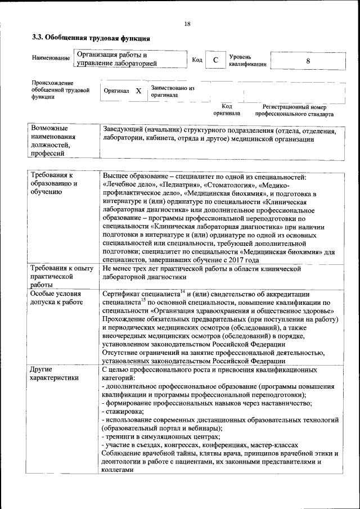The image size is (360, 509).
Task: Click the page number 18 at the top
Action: coord(187,23)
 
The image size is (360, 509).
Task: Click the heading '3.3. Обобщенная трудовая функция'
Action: coord(91,38)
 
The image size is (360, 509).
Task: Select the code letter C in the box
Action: coord(215,60)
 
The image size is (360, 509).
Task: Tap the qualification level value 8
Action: coord(307,61)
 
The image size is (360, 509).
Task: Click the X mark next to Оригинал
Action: coord(138,91)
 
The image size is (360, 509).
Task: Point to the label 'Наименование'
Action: coord(51,58)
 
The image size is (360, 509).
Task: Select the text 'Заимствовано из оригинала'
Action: coord(172,92)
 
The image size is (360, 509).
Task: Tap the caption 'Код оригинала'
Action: coord(226,110)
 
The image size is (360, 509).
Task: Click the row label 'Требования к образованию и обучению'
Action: coord(55,184)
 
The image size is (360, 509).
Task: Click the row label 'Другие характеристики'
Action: coord(55,374)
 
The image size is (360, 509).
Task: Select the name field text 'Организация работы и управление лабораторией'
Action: coord(115,60)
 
